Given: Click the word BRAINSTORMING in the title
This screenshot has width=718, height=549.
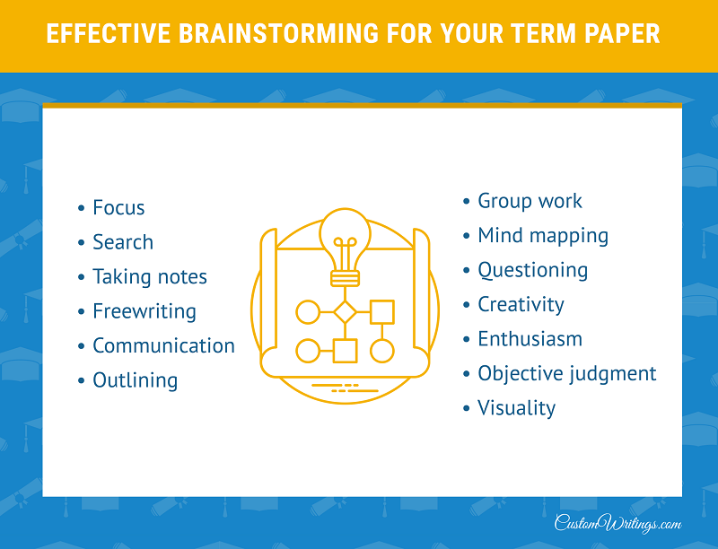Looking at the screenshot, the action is (x=278, y=34).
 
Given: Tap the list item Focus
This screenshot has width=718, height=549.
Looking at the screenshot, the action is (x=118, y=208).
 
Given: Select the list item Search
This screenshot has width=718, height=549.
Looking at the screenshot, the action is (x=123, y=242).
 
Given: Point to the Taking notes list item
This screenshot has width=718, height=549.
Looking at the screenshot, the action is (x=150, y=277).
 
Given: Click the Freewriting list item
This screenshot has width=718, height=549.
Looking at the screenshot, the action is (x=144, y=311).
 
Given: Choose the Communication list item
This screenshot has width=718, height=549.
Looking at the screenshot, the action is (x=163, y=346).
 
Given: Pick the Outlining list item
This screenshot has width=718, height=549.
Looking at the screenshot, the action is (x=136, y=380).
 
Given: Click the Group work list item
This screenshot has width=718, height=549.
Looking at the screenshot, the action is (x=530, y=201).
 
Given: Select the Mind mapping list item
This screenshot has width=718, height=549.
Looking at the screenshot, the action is (x=543, y=236).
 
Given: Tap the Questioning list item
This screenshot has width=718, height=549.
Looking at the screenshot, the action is (x=532, y=270).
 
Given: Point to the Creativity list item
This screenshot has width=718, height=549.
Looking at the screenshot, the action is (x=521, y=305).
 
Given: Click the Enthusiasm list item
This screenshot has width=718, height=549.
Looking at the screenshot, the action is (x=530, y=339).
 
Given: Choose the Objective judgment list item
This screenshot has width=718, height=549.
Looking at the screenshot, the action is (x=567, y=374).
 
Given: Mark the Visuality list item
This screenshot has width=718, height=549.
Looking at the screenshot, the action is (x=517, y=408).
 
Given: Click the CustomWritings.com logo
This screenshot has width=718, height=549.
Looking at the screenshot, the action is (x=617, y=523).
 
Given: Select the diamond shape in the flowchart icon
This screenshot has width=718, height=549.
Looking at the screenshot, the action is (x=345, y=312).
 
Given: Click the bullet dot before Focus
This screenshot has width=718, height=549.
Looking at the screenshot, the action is (x=81, y=208).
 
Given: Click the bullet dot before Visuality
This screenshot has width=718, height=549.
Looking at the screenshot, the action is (x=466, y=408).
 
